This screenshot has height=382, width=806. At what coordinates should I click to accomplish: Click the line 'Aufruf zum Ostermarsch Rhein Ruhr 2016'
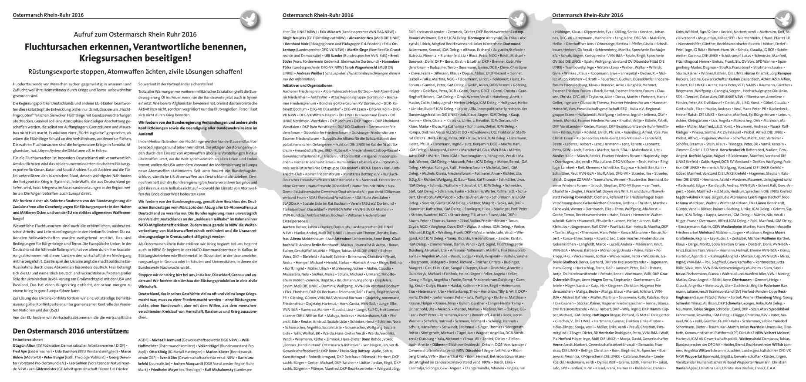pos(135,34)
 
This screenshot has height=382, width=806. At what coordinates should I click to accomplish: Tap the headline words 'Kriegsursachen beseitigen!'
pos(135,57)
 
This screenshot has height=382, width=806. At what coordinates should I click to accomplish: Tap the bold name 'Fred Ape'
pos(20,351)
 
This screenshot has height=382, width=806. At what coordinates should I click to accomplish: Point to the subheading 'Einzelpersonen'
pos(294,221)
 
